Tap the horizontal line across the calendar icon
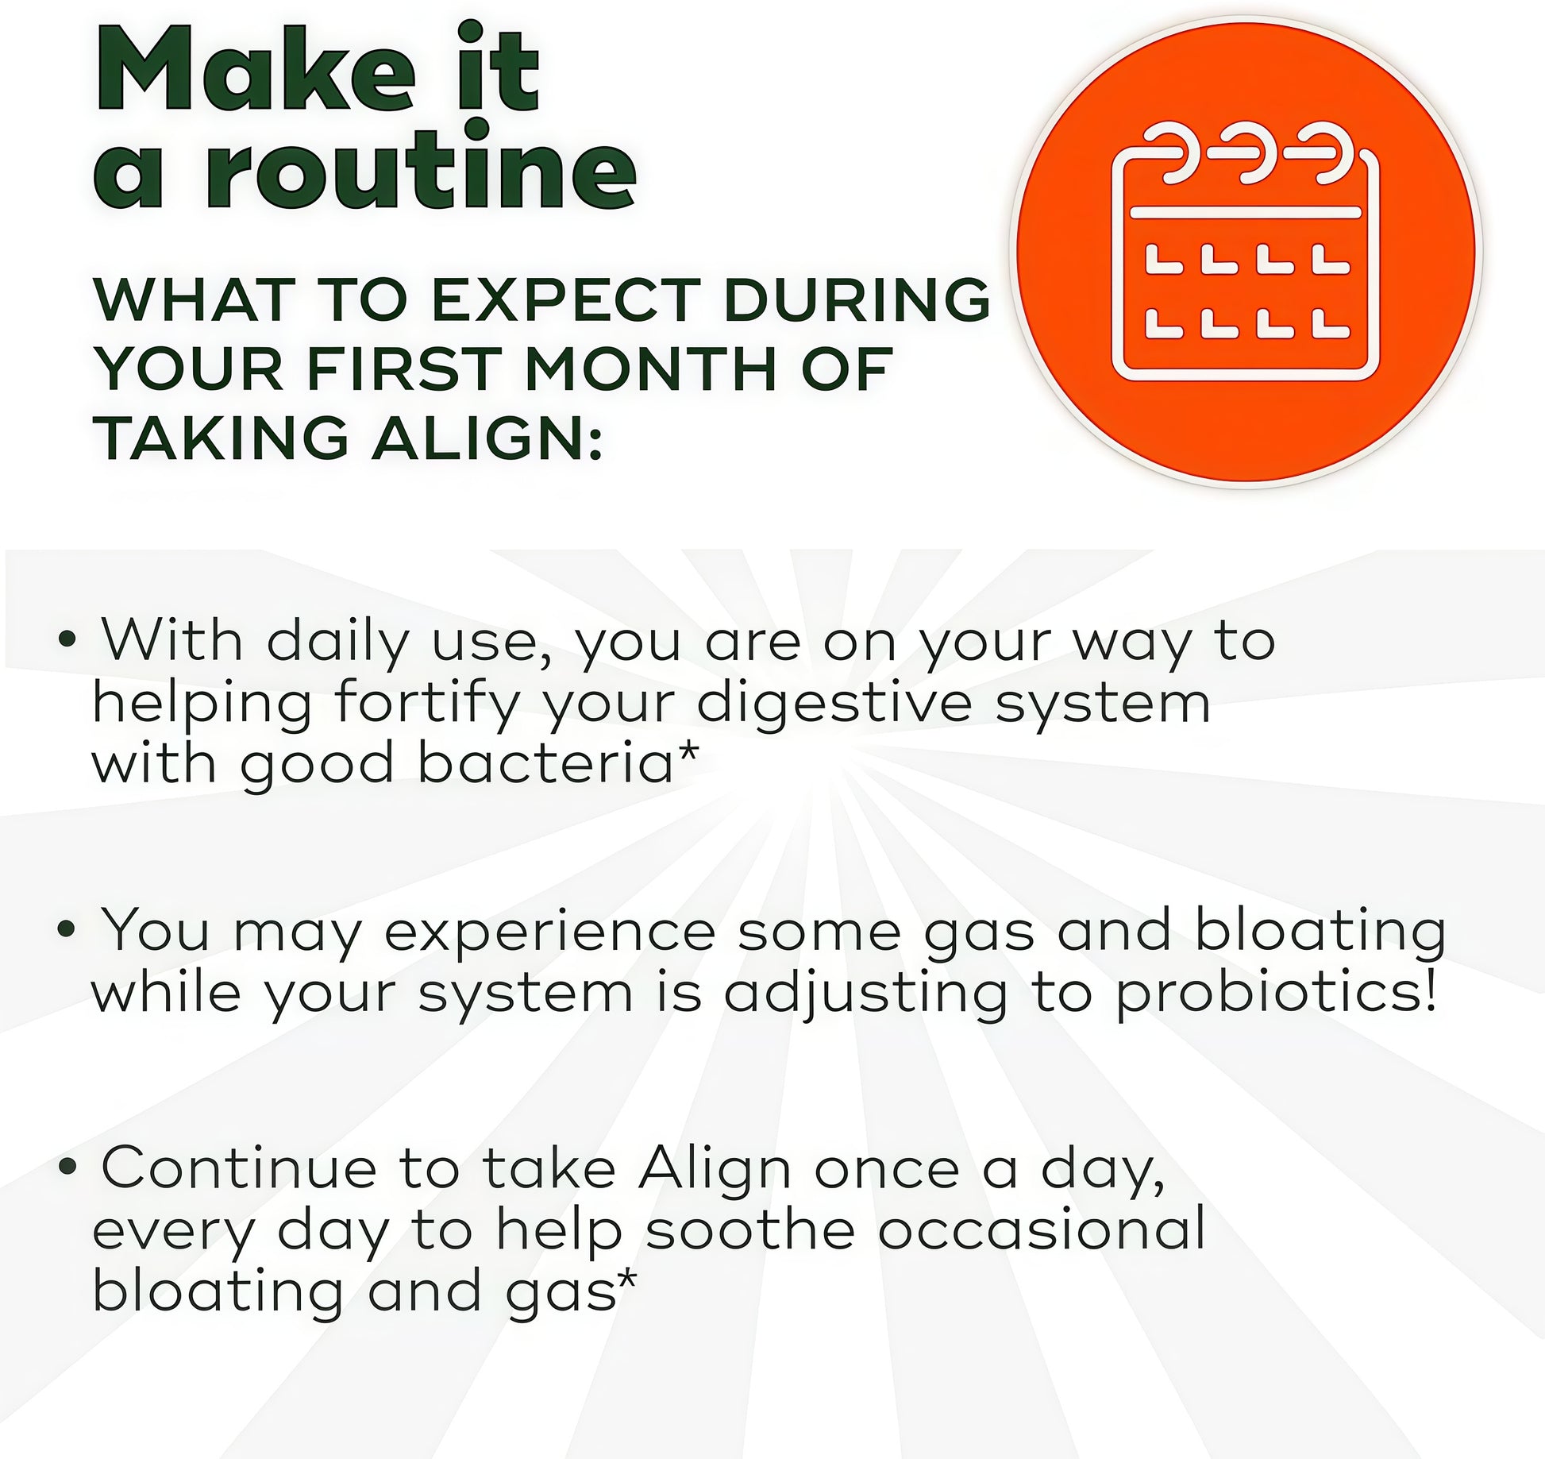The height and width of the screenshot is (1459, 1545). [1246, 212]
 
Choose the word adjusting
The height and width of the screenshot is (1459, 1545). [865, 997]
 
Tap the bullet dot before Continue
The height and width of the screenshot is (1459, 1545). [68, 1166]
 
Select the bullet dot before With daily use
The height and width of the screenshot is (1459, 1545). [68, 639]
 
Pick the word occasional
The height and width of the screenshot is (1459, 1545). [1042, 1229]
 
